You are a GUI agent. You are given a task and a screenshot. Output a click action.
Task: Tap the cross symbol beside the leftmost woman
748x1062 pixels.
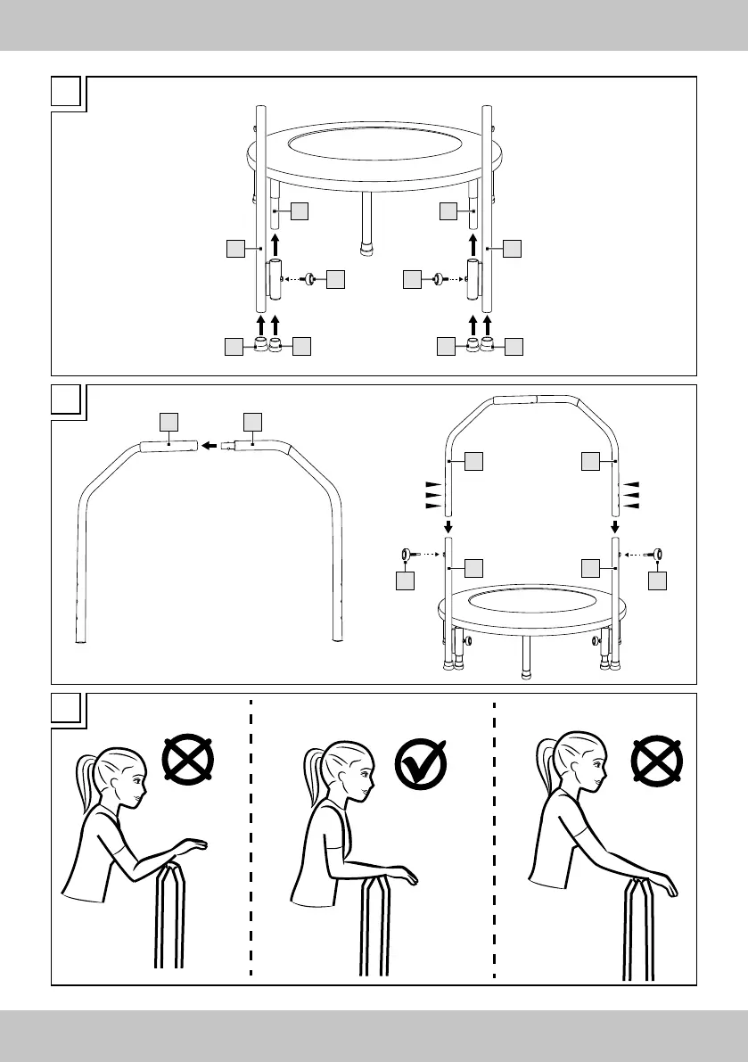(x=188, y=761)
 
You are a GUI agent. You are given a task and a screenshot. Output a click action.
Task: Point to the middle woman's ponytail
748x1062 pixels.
(x=314, y=778)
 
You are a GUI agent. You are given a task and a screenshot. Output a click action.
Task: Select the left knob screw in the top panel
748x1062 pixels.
(x=308, y=279)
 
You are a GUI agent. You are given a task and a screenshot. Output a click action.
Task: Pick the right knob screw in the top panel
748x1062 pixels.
(x=438, y=279)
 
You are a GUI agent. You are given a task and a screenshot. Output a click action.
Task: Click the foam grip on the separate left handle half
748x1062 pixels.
(x=169, y=447)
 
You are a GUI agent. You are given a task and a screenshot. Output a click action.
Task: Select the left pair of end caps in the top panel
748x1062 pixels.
(x=267, y=345)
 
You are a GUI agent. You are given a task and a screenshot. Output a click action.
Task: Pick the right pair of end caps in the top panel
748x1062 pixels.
(x=479, y=345)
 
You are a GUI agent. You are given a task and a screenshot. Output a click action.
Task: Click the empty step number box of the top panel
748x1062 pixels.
(x=68, y=93)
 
